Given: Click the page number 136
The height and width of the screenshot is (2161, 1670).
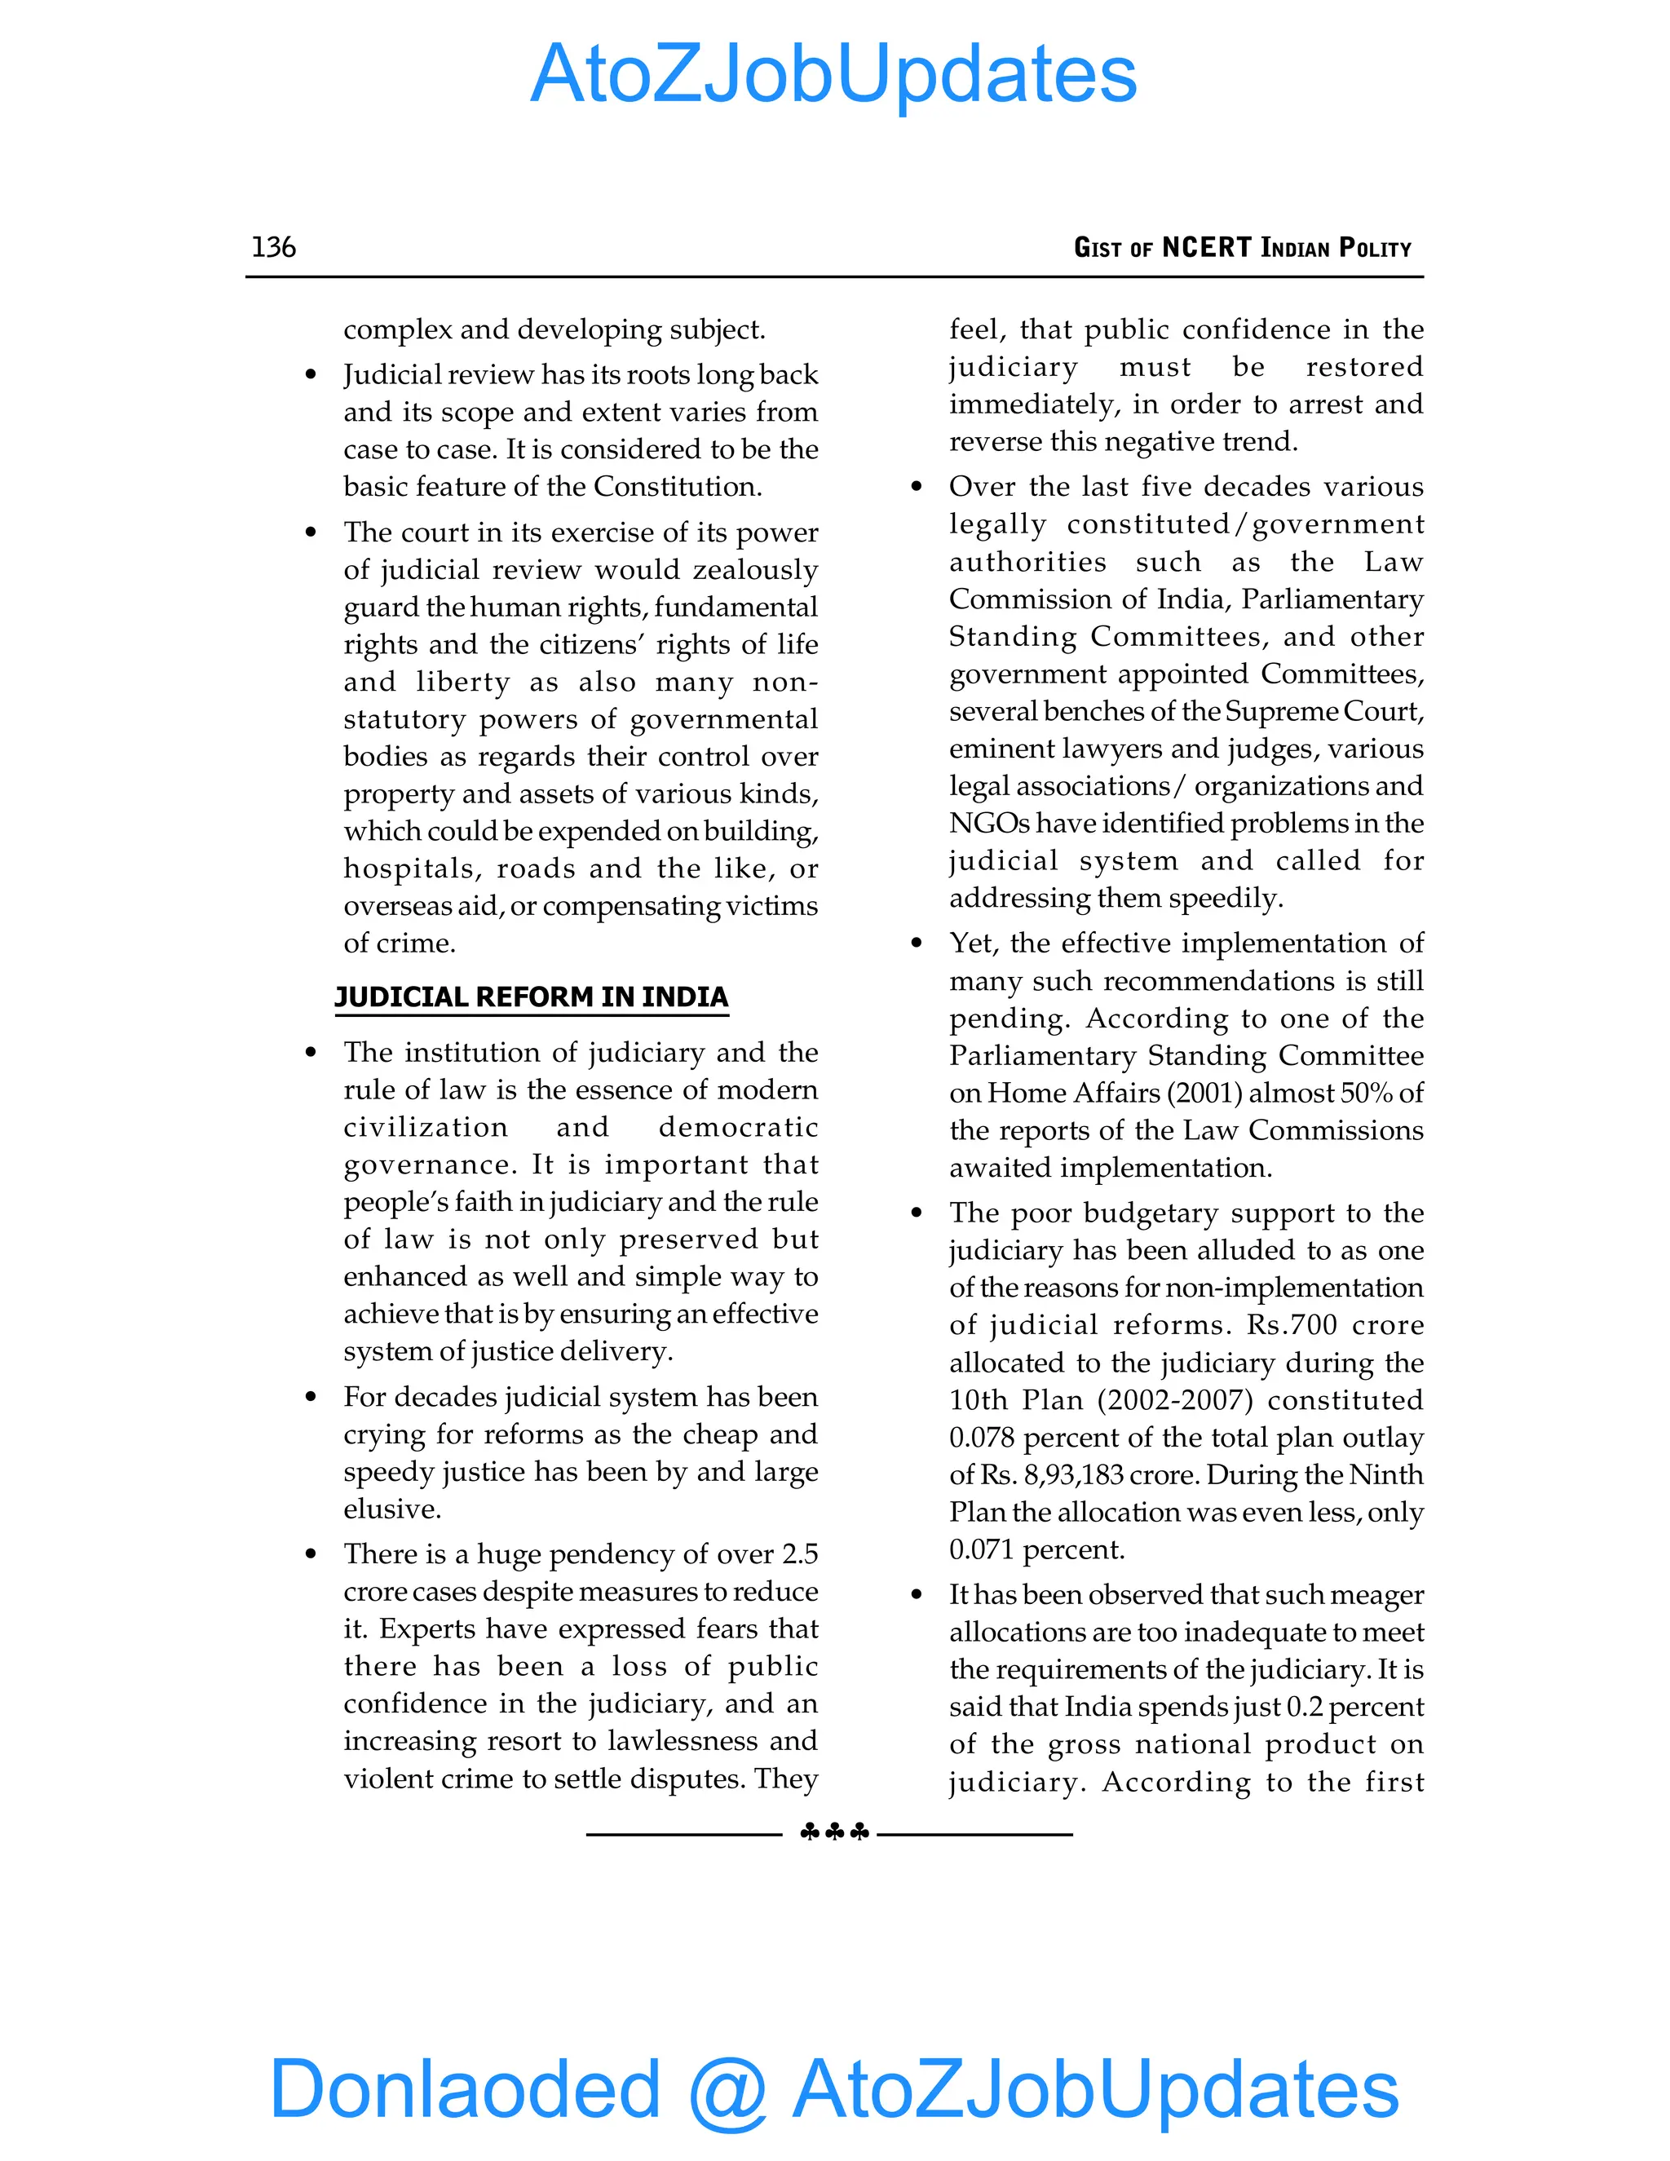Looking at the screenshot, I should (x=273, y=246).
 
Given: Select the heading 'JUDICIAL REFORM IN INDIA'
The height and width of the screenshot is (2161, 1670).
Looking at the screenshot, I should (x=532, y=997).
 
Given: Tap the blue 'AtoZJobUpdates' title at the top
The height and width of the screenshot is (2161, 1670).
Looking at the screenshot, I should (x=834, y=74).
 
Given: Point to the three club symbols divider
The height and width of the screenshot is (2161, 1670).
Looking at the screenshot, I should (x=834, y=1832).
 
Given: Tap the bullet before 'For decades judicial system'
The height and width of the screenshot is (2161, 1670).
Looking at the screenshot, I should (x=311, y=1397).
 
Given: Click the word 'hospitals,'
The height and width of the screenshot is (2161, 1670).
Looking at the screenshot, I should (x=413, y=868).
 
